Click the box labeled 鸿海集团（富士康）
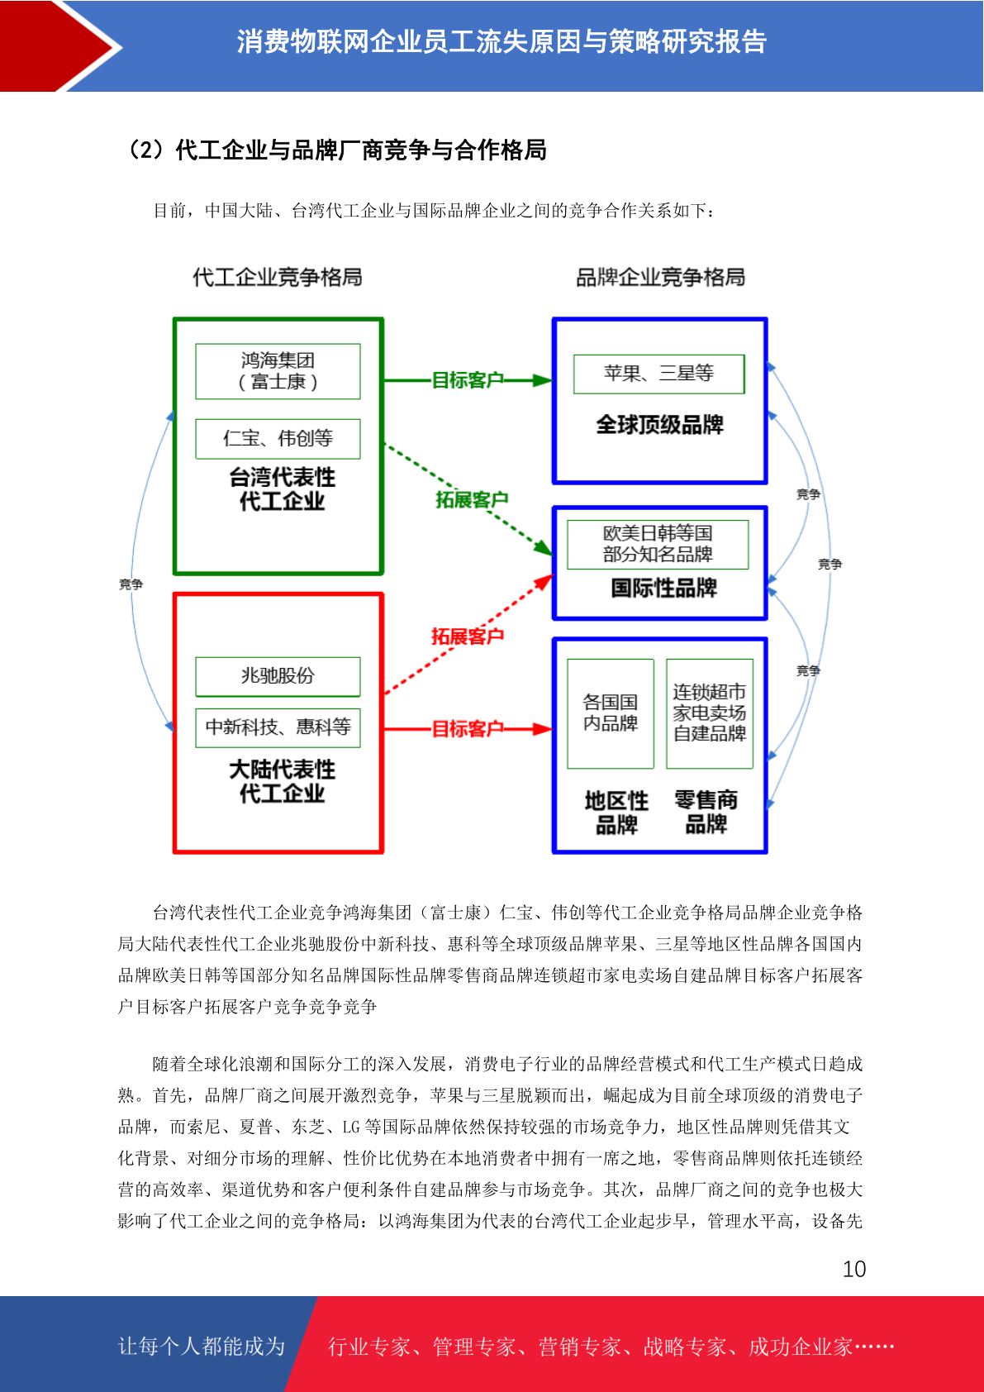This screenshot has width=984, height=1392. (278, 371)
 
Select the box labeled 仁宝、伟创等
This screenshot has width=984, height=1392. (278, 439)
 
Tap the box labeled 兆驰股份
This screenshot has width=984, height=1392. (278, 676)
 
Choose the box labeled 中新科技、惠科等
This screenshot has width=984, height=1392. (278, 727)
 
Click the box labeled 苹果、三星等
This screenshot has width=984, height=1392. (658, 374)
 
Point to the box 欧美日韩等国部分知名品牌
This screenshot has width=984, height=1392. (658, 544)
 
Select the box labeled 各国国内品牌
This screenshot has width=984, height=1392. (611, 713)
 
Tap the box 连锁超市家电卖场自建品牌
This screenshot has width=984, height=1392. (710, 713)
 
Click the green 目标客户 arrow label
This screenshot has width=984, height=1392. (468, 379)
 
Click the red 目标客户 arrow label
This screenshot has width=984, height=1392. (468, 728)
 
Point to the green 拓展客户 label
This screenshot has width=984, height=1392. (472, 499)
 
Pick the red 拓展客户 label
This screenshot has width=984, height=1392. (468, 636)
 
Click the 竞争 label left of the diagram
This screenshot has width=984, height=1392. (131, 584)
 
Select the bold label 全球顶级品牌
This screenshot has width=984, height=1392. (660, 424)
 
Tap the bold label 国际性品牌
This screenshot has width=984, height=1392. (664, 587)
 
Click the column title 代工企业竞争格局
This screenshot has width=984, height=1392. (277, 277)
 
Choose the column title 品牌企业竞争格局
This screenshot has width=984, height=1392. (660, 277)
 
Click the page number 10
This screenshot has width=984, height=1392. (853, 1268)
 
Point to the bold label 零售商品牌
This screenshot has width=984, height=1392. (706, 812)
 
